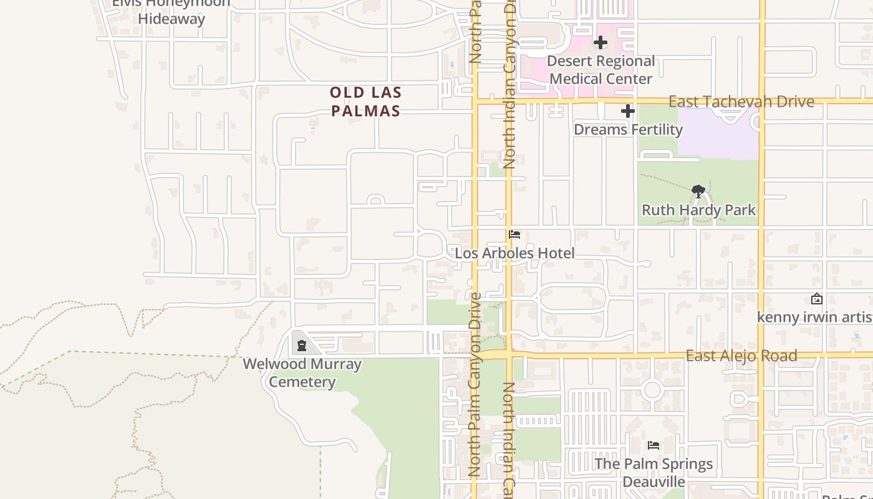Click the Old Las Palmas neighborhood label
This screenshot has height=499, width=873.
(x=365, y=102)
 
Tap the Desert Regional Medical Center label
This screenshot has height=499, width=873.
(x=601, y=70)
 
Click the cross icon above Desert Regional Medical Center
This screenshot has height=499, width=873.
(x=600, y=42)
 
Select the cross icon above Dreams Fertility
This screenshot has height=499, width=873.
(x=628, y=111)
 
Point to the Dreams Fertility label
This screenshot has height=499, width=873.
(x=628, y=129)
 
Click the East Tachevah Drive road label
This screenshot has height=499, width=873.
(x=741, y=101)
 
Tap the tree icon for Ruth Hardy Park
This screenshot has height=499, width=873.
(x=698, y=191)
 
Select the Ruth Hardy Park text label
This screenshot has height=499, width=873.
(x=698, y=210)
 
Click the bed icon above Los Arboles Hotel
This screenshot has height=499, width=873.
(x=514, y=235)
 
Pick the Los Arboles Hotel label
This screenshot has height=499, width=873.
(x=514, y=253)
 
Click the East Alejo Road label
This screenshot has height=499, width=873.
(x=741, y=356)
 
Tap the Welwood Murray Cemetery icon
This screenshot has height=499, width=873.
(x=302, y=346)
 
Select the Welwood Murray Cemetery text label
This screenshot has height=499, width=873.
(x=302, y=372)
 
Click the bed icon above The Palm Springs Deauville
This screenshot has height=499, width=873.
(x=654, y=445)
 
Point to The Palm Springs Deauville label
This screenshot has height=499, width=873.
(x=654, y=472)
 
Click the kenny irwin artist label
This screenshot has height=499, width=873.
(x=814, y=317)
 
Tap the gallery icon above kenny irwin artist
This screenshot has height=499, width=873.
(x=816, y=299)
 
